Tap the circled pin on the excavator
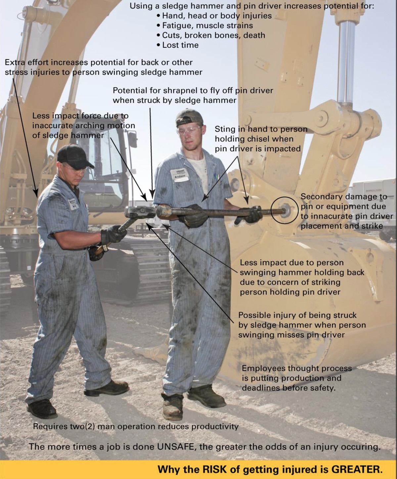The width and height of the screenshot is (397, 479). click(284, 210)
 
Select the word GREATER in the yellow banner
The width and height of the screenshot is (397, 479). click(357, 469)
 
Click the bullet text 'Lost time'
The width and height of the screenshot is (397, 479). click(180, 45)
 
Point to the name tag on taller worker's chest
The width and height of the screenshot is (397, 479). click(178, 174)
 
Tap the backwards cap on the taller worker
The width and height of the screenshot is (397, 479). click(189, 118)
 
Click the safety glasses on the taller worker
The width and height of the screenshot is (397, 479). click(189, 130)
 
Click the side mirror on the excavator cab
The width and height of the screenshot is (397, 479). click(133, 139)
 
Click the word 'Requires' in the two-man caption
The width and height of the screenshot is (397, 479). click(50, 426)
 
